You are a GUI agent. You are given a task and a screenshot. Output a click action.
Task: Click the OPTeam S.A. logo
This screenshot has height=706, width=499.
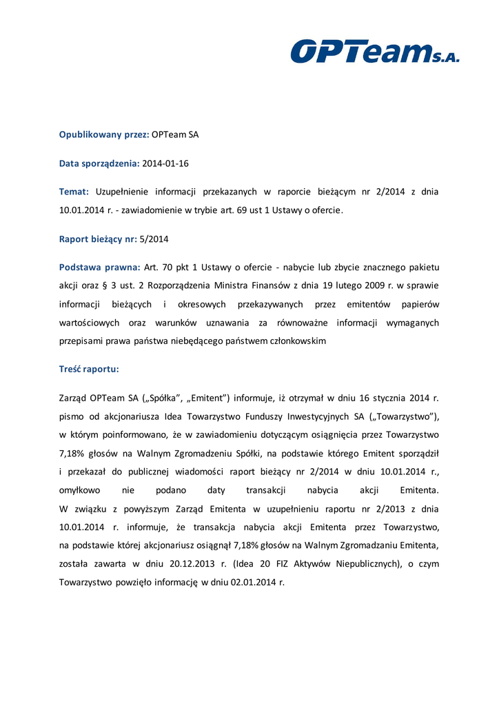[x=374, y=52]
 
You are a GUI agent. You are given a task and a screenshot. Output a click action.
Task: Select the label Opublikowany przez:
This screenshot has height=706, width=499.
[x=103, y=134]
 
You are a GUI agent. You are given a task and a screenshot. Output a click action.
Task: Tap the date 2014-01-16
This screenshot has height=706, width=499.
[x=166, y=163]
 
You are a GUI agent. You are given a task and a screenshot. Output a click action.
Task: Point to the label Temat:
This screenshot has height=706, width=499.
[x=74, y=192]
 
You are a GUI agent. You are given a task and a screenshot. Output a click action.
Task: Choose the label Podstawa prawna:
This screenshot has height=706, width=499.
[x=99, y=267]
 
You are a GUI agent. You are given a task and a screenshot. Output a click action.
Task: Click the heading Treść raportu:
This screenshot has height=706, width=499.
[x=89, y=370]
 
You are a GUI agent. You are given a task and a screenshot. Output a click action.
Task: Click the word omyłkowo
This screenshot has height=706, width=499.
[x=80, y=491]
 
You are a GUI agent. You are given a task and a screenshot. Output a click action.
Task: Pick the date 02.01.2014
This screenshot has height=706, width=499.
[x=254, y=583]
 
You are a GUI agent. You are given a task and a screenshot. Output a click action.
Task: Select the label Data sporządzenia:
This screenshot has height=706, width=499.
[x=99, y=163]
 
